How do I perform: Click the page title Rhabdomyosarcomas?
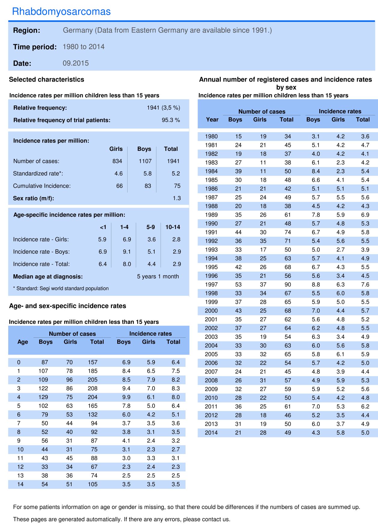pos(61,11)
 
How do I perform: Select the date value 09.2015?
pos(76,63)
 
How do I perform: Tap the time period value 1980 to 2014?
pos(84,47)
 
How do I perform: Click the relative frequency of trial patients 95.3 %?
pos(171,120)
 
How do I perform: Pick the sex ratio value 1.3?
pos(177,198)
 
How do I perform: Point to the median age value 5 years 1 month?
pos(158,276)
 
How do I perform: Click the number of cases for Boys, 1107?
pos(145,161)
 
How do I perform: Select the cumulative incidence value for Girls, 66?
pos(119,186)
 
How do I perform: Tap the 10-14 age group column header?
pos(173,227)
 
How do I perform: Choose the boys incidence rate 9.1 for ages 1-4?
pos(127,252)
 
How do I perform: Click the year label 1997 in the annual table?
pos(211,285)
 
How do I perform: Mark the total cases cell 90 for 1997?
pos(288,285)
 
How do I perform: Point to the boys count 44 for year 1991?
pos(238,232)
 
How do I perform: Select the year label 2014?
pos(211,433)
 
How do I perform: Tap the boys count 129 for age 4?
pos(43,397)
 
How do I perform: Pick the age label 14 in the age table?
pos(20,484)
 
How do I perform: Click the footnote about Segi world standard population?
pos(61,288)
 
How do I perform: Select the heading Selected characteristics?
pos(47,80)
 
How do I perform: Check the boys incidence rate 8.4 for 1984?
pos(316,171)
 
